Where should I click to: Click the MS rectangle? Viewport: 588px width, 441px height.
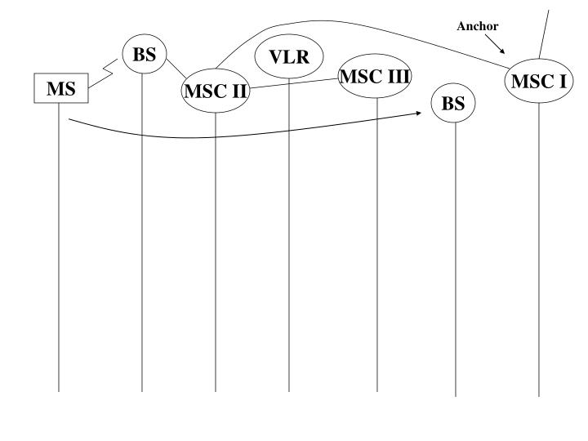(x=60, y=89)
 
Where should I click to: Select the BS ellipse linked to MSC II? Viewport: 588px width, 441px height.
(x=144, y=55)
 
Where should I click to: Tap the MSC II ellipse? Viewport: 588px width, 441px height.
(x=216, y=90)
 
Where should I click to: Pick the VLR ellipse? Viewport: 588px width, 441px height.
(x=289, y=57)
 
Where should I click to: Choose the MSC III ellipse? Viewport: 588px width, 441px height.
(x=375, y=77)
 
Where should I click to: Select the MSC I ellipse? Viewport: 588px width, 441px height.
(x=538, y=81)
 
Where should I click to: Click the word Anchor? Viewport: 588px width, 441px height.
(x=478, y=26)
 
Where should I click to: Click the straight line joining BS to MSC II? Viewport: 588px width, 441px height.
(x=178, y=68)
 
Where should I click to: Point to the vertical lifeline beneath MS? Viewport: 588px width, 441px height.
(x=59, y=245)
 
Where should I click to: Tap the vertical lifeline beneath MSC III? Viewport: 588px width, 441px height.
(x=376, y=245)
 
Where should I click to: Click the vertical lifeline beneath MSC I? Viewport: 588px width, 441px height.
(x=539, y=245)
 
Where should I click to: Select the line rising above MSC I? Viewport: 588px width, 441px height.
(x=544, y=33)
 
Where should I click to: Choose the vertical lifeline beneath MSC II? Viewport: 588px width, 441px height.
(x=216, y=245)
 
